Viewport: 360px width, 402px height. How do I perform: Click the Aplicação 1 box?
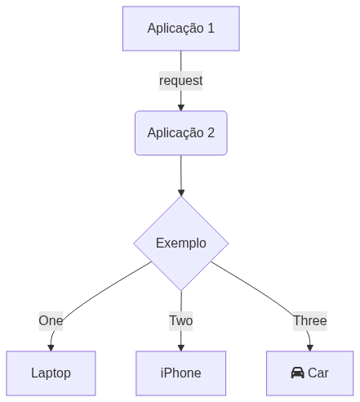181,29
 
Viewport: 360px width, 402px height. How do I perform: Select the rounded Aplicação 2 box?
181,133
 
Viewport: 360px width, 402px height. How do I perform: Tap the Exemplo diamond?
181,243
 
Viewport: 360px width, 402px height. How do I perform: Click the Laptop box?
51,373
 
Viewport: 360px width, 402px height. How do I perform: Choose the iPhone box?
181,373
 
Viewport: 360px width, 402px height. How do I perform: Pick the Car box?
310,373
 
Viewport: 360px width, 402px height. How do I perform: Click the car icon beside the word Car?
298,373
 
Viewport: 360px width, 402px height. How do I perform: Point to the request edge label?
181,81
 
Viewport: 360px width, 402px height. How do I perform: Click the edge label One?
51,321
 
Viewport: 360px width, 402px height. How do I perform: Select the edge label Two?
181,321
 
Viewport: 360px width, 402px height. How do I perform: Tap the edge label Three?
310,321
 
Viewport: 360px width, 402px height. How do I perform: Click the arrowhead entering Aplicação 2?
181,108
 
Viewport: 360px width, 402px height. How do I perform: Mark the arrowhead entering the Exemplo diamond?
181,193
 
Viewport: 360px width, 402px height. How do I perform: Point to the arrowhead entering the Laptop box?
51,348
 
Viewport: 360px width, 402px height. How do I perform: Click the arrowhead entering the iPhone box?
181,348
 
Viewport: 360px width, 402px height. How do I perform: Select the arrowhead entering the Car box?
310,348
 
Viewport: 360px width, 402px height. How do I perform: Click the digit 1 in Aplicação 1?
211,29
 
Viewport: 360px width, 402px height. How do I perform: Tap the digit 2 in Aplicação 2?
211,133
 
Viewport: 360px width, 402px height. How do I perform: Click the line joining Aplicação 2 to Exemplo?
181,172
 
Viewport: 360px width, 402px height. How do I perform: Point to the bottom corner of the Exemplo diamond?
181,291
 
